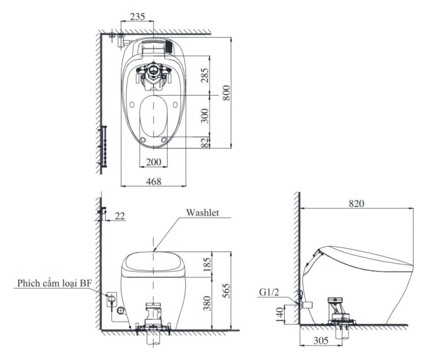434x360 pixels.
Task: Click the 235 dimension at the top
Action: [137, 17]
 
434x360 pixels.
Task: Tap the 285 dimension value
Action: [205, 75]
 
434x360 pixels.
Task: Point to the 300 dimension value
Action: [205, 116]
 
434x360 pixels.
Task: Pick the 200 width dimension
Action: [153, 162]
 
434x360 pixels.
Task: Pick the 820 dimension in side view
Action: [356, 203]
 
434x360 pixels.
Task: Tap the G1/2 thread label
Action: [270, 292]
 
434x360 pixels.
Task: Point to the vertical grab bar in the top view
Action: [103, 146]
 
